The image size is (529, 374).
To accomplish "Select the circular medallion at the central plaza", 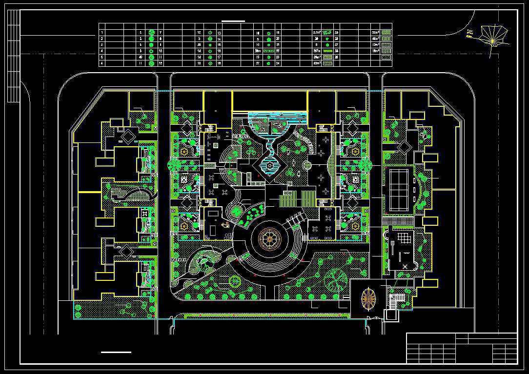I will pos(269,239).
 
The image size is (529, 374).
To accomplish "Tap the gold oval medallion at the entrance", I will pos(368,298).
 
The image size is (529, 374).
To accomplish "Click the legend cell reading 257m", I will pos(316,50).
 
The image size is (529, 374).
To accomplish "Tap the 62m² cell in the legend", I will pos(316,63).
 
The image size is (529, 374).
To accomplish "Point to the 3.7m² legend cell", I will pos(316,32).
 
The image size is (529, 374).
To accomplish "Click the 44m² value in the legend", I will pos(375,38).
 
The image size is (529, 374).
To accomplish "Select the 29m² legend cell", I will pos(316,57).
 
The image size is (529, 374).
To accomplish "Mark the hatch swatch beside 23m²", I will pos(387,32).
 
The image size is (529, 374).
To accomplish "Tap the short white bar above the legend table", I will pos(233,21).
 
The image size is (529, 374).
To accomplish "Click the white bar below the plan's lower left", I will pos(116,352).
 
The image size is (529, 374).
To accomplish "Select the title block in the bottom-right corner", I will pos(462,348).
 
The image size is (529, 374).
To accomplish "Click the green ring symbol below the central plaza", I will pos(235,281).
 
